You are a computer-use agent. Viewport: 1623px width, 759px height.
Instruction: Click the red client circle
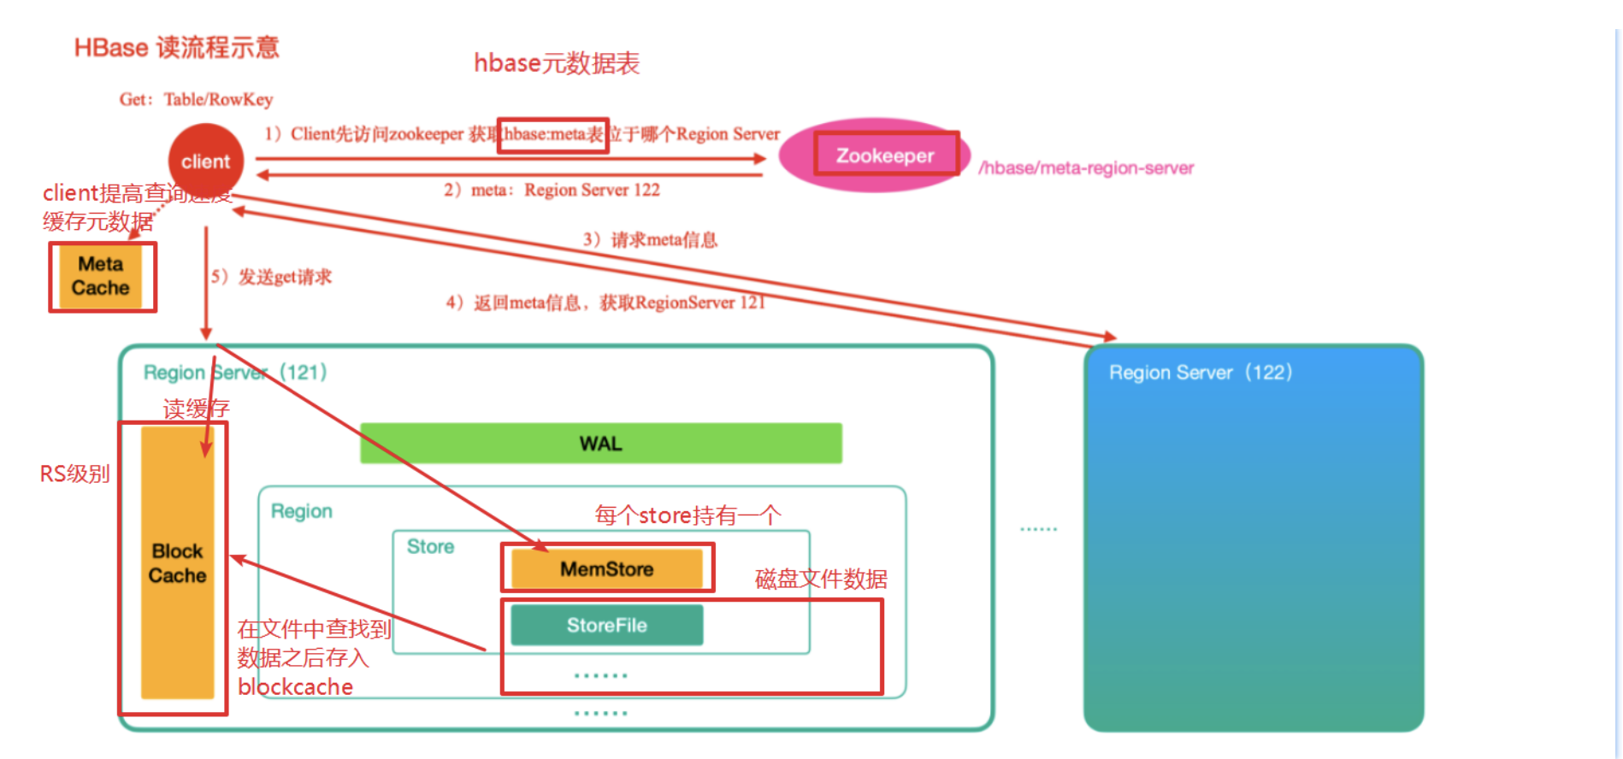(x=205, y=161)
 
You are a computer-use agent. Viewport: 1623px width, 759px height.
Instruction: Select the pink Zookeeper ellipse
(x=874, y=156)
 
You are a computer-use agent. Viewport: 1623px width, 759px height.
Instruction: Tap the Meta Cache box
(x=101, y=276)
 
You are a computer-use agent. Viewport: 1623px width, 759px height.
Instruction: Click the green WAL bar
(x=600, y=443)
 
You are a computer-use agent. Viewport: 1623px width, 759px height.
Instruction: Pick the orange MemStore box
(x=606, y=568)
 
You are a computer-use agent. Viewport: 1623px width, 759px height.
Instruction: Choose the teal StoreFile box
(x=606, y=625)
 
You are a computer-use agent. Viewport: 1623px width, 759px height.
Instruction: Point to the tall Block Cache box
(x=177, y=562)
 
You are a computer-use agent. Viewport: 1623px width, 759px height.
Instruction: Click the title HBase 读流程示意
(x=176, y=47)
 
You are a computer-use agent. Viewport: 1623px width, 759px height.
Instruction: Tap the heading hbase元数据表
(x=557, y=63)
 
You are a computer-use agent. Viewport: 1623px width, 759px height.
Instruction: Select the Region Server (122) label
(x=1200, y=373)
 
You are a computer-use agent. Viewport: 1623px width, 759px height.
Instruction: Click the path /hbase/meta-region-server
(x=1086, y=168)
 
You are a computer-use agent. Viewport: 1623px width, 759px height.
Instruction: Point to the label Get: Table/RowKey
(x=196, y=99)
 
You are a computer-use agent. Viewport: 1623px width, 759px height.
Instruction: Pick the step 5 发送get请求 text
(x=272, y=277)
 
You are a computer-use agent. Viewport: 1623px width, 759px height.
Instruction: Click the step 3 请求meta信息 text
(x=651, y=239)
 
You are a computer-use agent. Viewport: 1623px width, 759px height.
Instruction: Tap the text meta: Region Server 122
(x=552, y=190)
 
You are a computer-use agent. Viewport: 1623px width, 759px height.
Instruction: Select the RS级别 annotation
(x=74, y=474)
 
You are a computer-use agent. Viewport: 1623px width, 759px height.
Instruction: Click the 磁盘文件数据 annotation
(x=821, y=580)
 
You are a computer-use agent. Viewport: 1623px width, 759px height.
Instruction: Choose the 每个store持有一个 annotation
(x=688, y=515)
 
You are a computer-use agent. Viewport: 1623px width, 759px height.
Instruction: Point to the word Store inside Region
(x=430, y=547)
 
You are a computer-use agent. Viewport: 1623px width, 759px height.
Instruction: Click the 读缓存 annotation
(x=196, y=409)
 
